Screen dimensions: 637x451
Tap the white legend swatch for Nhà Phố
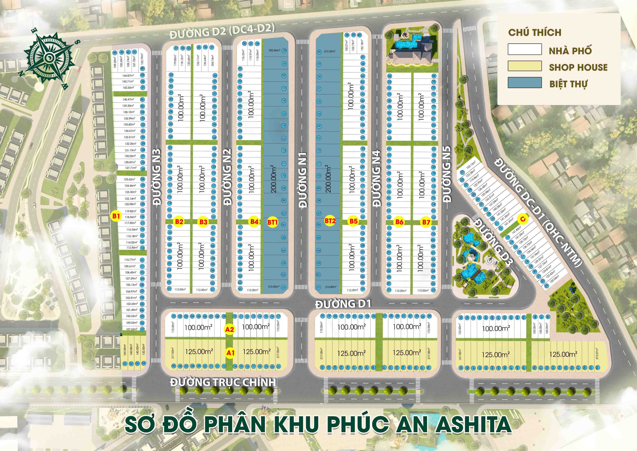point(525,49)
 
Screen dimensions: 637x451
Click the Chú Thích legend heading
point(535,33)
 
